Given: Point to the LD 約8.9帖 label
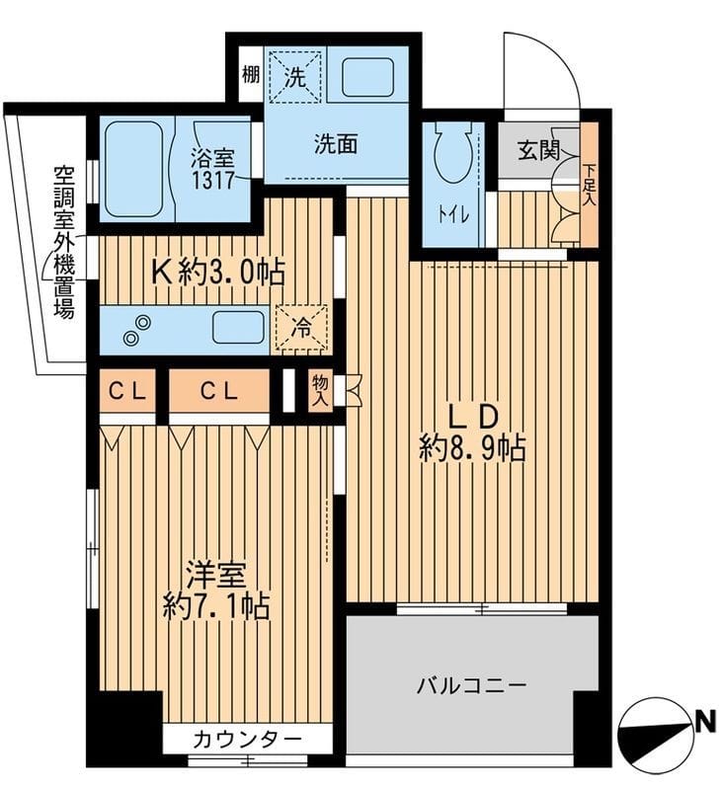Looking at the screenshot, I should pyautogui.click(x=472, y=432).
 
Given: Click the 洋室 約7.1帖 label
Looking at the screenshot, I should pyautogui.click(x=217, y=590).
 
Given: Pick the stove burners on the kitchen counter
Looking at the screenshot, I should pyautogui.click(x=138, y=330).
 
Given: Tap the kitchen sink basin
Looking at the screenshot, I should pyautogui.click(x=238, y=327).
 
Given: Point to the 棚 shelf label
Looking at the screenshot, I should pyautogui.click(x=250, y=73).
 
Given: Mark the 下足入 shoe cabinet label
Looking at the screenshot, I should pyautogui.click(x=590, y=184).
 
